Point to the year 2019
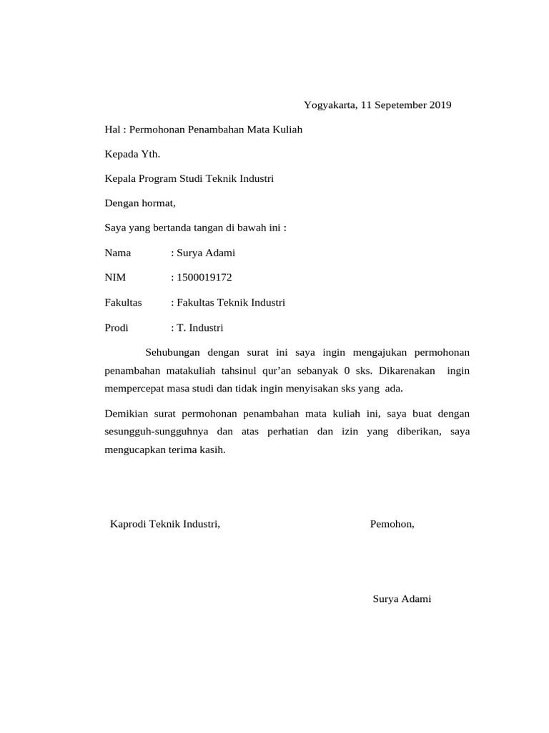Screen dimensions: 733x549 440,105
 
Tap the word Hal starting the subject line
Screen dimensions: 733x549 113,130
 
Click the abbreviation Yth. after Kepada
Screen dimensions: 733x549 151,154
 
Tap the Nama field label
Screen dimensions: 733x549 119,253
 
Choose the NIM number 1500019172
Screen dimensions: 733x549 205,278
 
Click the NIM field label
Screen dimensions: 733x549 115,278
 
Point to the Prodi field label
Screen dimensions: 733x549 117,328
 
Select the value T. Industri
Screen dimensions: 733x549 201,328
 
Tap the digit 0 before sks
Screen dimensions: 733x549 347,371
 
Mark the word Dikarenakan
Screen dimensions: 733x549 407,371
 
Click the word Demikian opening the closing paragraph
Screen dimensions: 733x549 127,414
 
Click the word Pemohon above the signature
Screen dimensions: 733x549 391,524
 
